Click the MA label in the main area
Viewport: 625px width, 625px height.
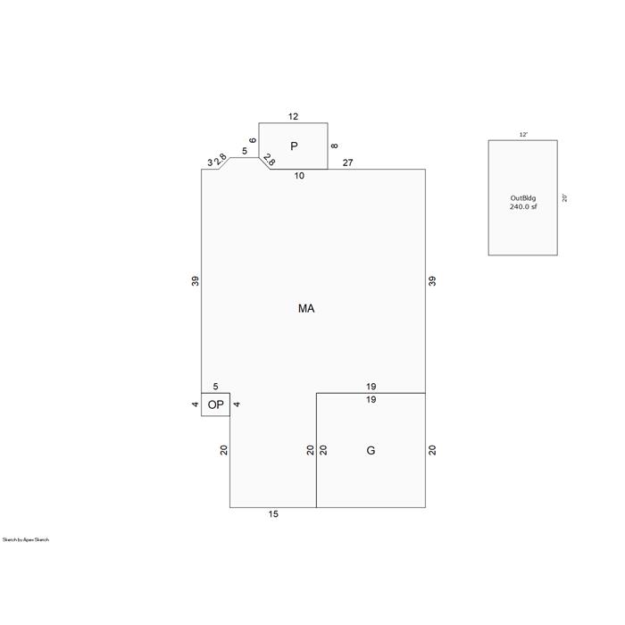(306, 309)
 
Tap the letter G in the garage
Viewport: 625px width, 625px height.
(371, 450)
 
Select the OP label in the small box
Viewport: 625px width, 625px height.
(216, 405)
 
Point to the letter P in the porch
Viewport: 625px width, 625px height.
(294, 146)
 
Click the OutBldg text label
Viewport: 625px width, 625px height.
(523, 198)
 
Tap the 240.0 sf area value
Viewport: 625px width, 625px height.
(523, 206)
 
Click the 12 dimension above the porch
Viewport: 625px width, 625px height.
(293, 116)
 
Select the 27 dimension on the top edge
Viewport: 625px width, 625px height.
(347, 162)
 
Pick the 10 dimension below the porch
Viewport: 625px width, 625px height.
(299, 176)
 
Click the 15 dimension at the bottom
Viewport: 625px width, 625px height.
(273, 514)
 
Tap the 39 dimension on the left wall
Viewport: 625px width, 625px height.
(195, 281)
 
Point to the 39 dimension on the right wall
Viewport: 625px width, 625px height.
(432, 281)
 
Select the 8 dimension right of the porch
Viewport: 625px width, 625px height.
(335, 146)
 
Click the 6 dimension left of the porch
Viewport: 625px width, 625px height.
(253, 140)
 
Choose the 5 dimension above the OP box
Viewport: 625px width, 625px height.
(216, 387)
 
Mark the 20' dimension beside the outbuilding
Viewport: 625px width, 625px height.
(564, 198)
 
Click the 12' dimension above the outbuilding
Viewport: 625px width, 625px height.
(523, 135)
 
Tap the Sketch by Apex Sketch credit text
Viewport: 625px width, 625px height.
(26, 539)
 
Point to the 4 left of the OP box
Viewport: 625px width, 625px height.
(195, 404)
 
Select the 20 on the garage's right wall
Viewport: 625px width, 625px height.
(432, 450)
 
